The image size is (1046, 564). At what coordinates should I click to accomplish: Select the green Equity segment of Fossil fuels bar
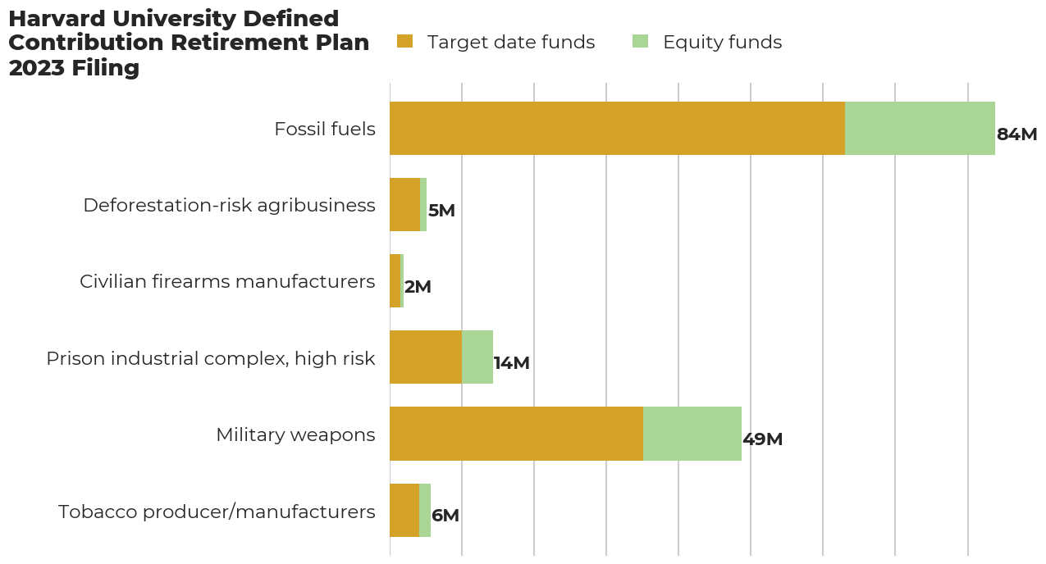pyautogui.click(x=920, y=128)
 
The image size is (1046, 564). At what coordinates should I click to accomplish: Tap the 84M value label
pyautogui.click(x=1016, y=134)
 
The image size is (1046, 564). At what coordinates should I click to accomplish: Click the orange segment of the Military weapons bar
pyautogui.click(x=516, y=433)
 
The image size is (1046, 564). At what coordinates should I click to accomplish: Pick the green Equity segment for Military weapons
pyautogui.click(x=692, y=433)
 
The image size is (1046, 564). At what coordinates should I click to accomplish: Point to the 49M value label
pyautogui.click(x=762, y=439)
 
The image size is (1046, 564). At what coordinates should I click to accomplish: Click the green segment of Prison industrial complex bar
pyautogui.click(x=477, y=357)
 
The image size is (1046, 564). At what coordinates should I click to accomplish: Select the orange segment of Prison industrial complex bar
pyautogui.click(x=426, y=357)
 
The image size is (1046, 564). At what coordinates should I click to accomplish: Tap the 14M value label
pyautogui.click(x=511, y=363)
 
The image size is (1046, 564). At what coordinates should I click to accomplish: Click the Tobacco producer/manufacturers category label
pyautogui.click(x=217, y=512)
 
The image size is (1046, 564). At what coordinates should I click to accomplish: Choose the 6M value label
pyautogui.click(x=445, y=516)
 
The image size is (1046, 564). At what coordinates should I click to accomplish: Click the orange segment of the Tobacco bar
pyautogui.click(x=404, y=509)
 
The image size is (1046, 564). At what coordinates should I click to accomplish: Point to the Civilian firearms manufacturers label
pyautogui.click(x=227, y=281)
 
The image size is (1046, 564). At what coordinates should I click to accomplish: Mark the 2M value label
pyautogui.click(x=417, y=287)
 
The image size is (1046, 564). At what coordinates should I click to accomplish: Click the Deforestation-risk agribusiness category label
pyautogui.click(x=229, y=205)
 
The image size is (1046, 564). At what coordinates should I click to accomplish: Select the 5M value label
pyautogui.click(x=441, y=211)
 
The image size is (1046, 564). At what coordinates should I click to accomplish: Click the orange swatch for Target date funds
pyautogui.click(x=404, y=41)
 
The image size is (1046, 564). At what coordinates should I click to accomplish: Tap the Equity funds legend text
pyautogui.click(x=722, y=42)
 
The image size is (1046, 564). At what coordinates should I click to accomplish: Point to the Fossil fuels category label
pyautogui.click(x=324, y=129)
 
